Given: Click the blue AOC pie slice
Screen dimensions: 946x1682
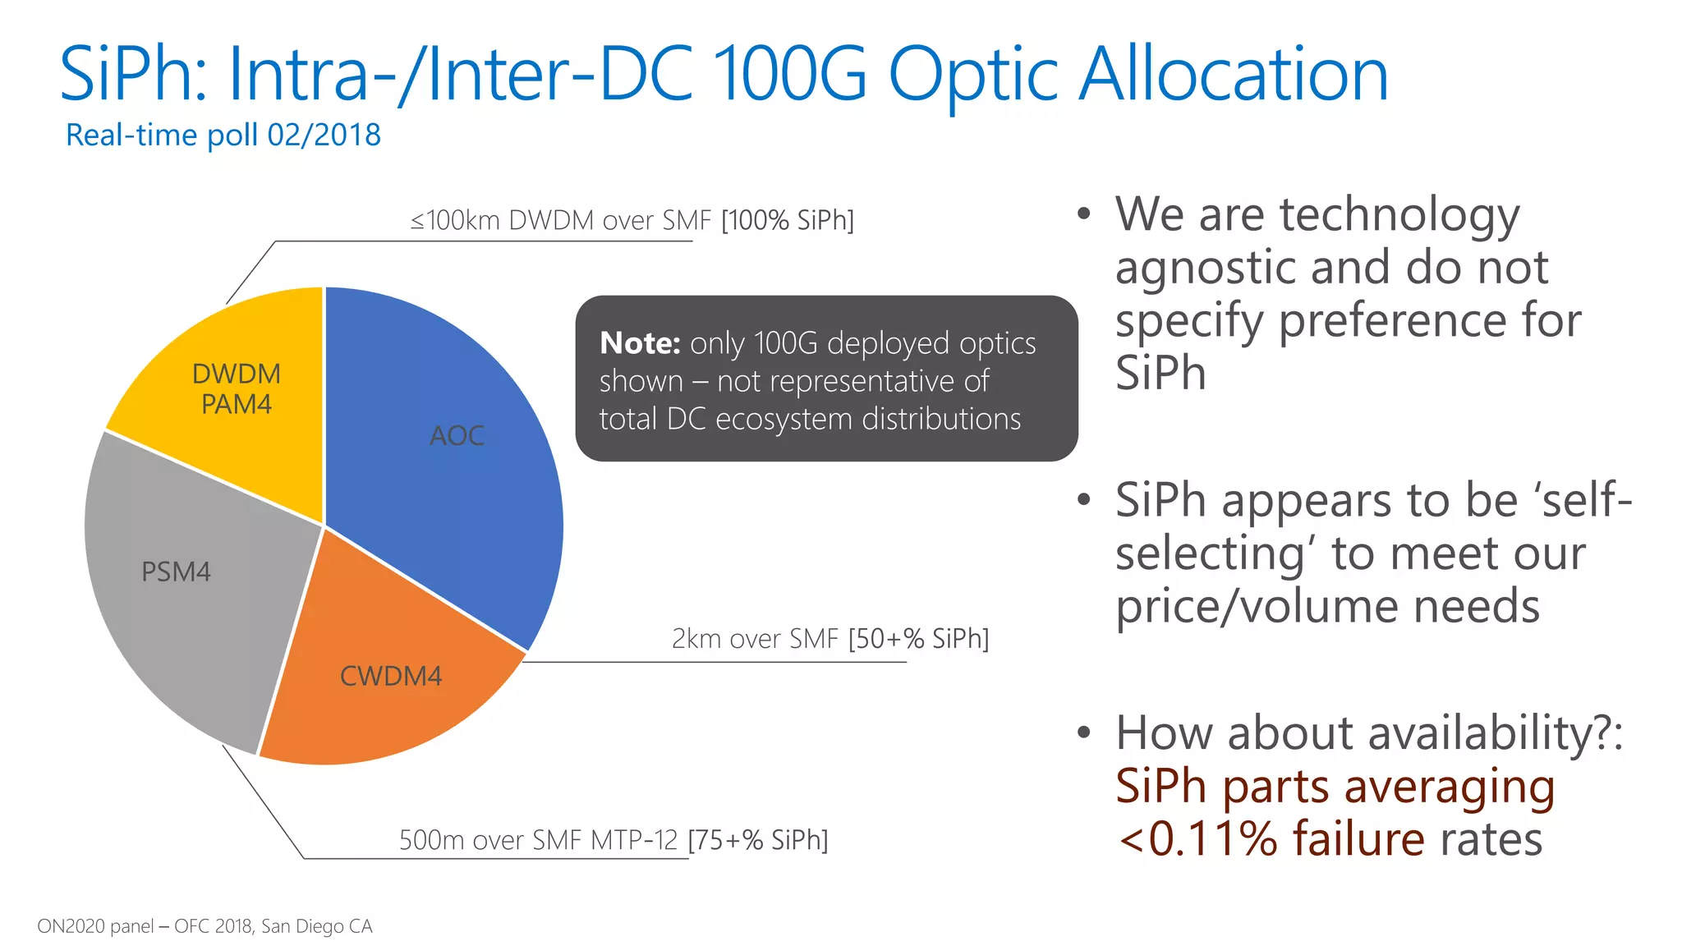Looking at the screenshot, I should tap(443, 460).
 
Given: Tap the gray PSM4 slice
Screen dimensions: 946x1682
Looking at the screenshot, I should tap(189, 591).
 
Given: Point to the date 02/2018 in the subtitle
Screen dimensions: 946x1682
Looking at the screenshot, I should tap(324, 135).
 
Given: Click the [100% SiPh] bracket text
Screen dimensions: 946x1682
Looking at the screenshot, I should tap(788, 220).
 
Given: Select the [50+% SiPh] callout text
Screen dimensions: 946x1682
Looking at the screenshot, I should tap(918, 638).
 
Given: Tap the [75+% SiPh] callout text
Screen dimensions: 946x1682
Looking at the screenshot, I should tap(757, 840).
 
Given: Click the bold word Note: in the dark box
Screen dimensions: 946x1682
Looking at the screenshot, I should tap(640, 343).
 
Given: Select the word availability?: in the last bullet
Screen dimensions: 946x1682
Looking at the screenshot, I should tap(1425, 732).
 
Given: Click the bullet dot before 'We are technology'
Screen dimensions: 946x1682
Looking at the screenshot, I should tap(1084, 214).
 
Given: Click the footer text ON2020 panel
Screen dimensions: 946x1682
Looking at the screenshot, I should tap(94, 926).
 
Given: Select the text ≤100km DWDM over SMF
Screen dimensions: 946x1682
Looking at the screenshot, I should tap(560, 220).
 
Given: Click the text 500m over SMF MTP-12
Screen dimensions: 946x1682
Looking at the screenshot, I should tap(538, 840).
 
